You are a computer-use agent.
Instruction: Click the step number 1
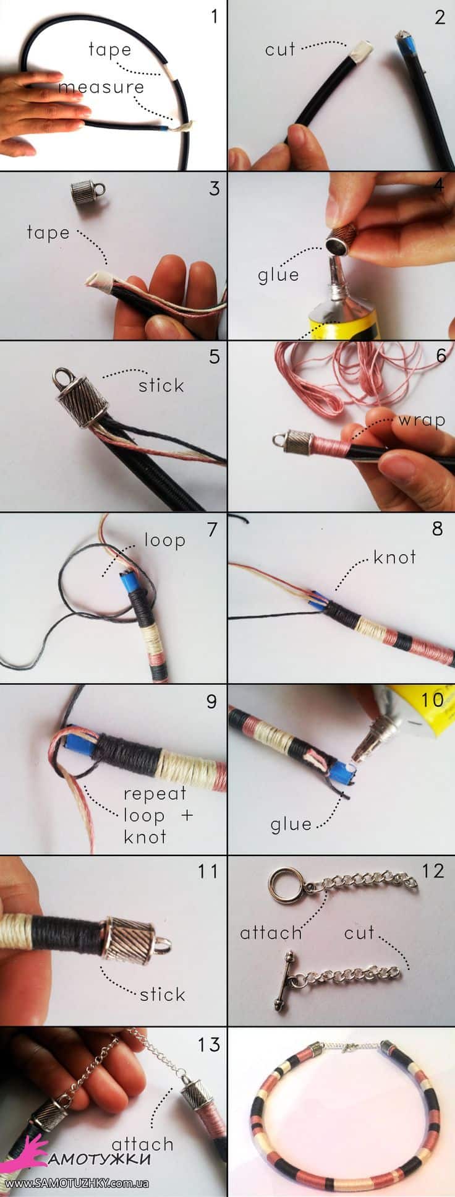click(214, 16)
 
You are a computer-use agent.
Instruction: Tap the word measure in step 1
click(101, 87)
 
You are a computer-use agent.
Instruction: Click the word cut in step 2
click(280, 49)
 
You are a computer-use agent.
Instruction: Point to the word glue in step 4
click(278, 275)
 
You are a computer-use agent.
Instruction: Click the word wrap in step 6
click(422, 421)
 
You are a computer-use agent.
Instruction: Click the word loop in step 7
click(164, 541)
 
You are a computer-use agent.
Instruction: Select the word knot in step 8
click(394, 557)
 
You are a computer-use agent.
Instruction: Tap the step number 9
click(211, 701)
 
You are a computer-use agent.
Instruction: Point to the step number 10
click(433, 700)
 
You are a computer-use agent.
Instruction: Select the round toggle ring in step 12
click(285, 885)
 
